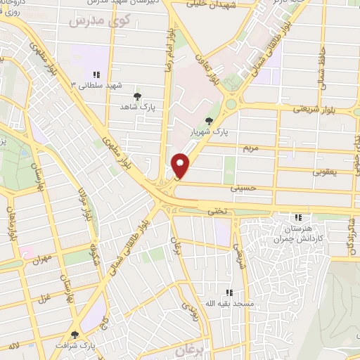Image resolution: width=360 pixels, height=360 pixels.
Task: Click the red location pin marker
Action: tap(181, 165)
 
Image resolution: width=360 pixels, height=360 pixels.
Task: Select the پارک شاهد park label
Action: tap(138, 107)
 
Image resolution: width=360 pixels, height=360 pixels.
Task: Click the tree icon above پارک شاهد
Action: tap(137, 96)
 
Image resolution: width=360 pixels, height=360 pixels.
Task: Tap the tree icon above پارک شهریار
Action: tap(208, 120)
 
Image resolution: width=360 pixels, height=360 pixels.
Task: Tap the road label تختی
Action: tap(215, 210)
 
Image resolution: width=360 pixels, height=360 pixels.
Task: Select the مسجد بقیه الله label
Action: tap(227, 303)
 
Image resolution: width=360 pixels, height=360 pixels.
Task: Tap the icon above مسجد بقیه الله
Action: tap(228, 292)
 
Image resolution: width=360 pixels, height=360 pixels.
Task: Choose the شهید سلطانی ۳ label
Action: tap(96, 84)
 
